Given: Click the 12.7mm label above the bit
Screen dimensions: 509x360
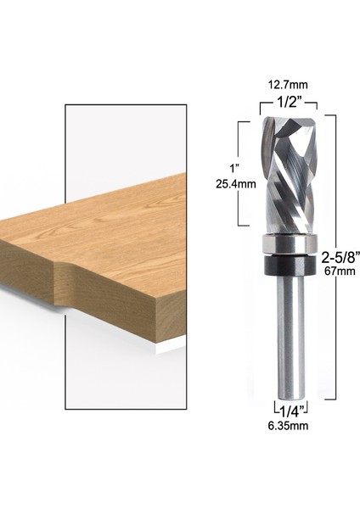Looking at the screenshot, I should click(x=287, y=85).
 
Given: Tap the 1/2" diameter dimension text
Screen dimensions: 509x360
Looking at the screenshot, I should click(x=287, y=101).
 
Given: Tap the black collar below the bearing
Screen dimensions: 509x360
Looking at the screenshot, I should click(x=287, y=263).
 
